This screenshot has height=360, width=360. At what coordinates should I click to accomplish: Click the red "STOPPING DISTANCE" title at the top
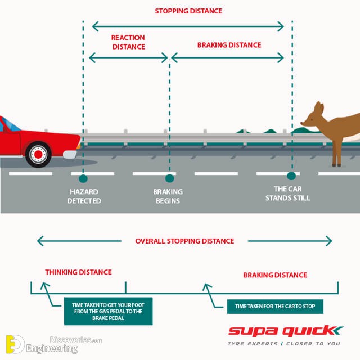pyautogui.click(x=188, y=11)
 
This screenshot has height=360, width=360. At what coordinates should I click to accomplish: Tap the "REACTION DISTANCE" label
pyautogui.click(x=128, y=42)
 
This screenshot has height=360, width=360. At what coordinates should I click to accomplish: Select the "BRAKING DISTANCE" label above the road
pyautogui.click(x=229, y=45)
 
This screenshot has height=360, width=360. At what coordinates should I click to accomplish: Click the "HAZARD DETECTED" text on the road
pyautogui.click(x=84, y=196)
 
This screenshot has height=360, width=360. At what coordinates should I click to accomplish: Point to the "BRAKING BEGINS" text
pyautogui.click(x=168, y=196)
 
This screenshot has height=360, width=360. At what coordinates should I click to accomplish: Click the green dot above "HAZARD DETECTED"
pyautogui.click(x=83, y=178)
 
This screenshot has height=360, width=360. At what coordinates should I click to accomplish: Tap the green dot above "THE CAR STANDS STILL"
pyautogui.click(x=291, y=175)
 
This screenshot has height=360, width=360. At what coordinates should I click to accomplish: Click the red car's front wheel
pyautogui.click(x=38, y=153)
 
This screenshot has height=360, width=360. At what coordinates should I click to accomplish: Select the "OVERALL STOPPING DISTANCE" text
pyautogui.click(x=184, y=241)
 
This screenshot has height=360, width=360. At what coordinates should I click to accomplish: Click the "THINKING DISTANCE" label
pyautogui.click(x=78, y=272)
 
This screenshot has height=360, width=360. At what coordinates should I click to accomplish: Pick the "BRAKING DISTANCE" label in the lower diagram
pyautogui.click(x=274, y=275)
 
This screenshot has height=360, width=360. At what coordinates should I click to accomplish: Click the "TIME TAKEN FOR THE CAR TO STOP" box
pyautogui.click(x=274, y=307)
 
